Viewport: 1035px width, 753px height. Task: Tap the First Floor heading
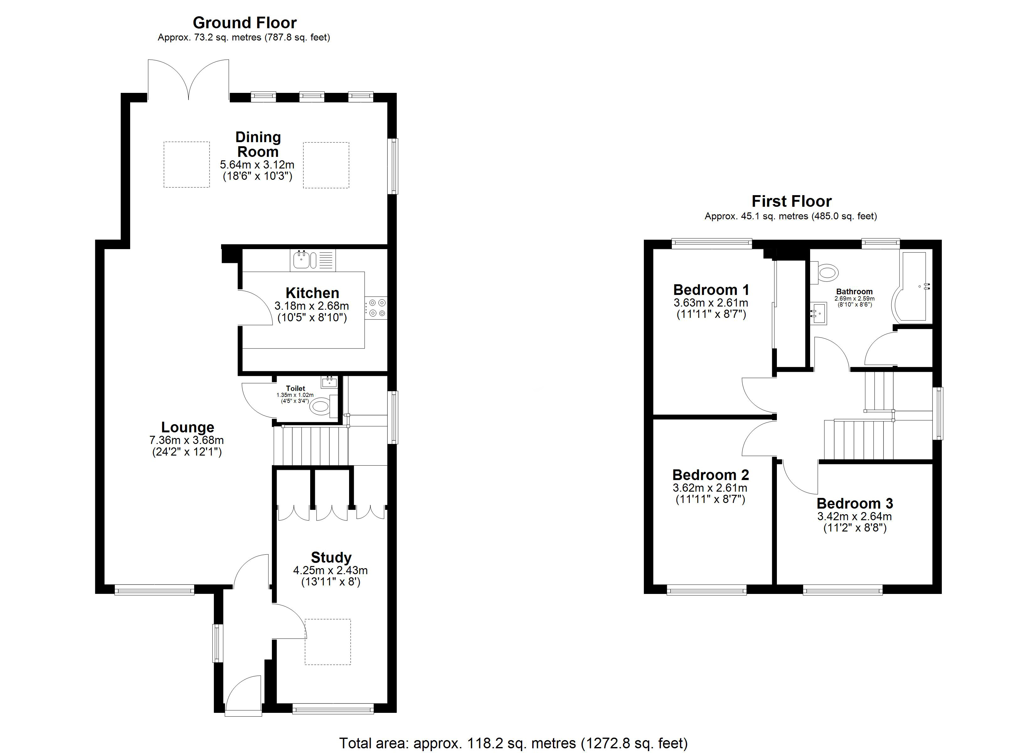coord(791,201)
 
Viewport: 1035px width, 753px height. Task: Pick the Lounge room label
coord(188,427)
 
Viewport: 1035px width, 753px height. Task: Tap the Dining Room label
coord(258,144)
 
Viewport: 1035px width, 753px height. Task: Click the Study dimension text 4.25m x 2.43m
coord(330,570)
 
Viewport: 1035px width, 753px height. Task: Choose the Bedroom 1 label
coord(711,290)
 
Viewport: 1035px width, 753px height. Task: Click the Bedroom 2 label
coord(710,475)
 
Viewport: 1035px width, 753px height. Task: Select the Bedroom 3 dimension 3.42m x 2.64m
coord(854,516)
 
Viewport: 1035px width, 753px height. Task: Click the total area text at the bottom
coord(513,743)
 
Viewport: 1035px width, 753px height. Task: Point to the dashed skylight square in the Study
coord(328,642)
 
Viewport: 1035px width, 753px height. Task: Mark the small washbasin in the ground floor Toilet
coord(329,382)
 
